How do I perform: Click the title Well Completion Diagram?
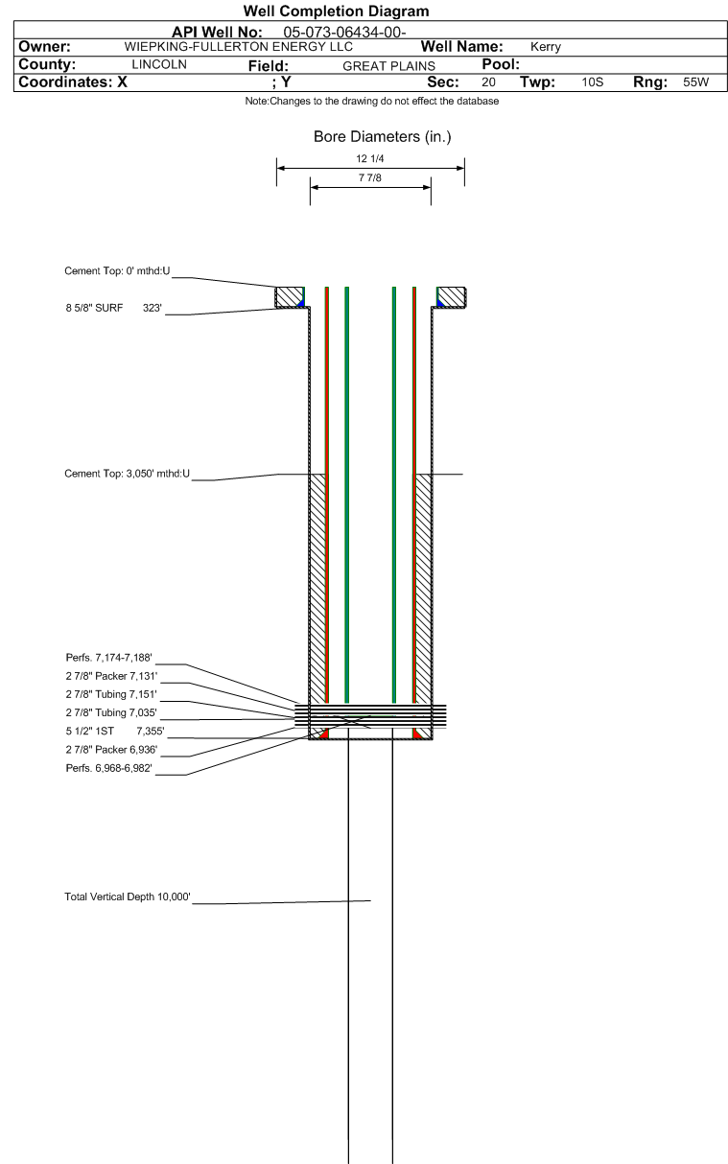point(336,12)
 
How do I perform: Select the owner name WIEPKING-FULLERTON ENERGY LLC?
point(239,46)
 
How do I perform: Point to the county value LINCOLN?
point(158,64)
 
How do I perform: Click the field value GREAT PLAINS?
point(388,65)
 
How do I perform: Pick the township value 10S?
point(592,82)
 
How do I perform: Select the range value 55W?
point(694,82)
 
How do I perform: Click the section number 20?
point(488,82)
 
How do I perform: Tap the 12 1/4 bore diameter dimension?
point(370,158)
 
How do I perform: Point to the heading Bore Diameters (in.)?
point(382,137)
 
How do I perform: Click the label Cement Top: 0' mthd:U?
point(117,271)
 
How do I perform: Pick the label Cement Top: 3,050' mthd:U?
point(127,474)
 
